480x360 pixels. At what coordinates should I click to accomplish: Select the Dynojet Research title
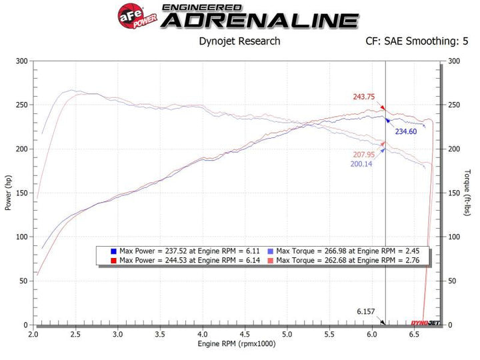pyautogui.click(x=240, y=41)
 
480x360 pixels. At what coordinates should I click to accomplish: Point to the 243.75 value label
pyautogui.click(x=365, y=96)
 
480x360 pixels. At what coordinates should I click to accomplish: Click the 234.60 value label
pyautogui.click(x=405, y=131)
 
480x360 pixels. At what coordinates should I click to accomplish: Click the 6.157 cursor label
pyautogui.click(x=367, y=311)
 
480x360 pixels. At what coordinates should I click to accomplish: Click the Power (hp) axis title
pyautogui.click(x=9, y=193)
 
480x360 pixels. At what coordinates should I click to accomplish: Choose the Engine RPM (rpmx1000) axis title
pyautogui.click(x=236, y=345)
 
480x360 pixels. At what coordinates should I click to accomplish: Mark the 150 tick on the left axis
pyautogui.click(x=22, y=193)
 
